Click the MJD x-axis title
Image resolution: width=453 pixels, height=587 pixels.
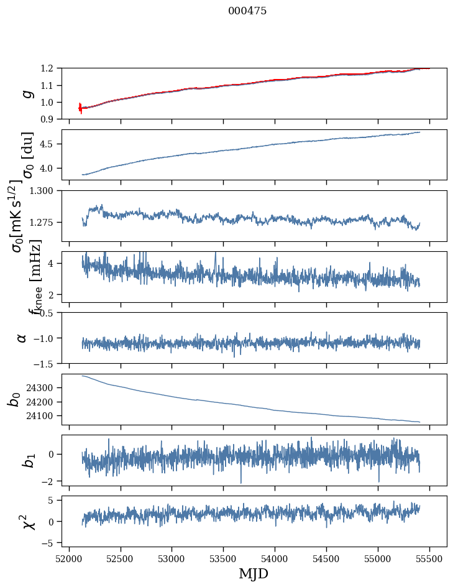pyautogui.click(x=254, y=573)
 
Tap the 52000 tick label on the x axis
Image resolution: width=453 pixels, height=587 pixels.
pyautogui.click(x=69, y=558)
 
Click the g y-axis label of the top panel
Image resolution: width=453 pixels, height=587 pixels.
pyautogui.click(x=27, y=93)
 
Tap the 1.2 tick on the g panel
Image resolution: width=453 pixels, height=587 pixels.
pyautogui.click(x=50, y=68)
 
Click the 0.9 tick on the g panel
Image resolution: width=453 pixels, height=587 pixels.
pyautogui.click(x=50, y=119)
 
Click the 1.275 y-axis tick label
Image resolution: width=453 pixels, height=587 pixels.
pyautogui.click(x=45, y=222)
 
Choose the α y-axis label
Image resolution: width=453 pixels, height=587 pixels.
pyautogui.click(x=22, y=337)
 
